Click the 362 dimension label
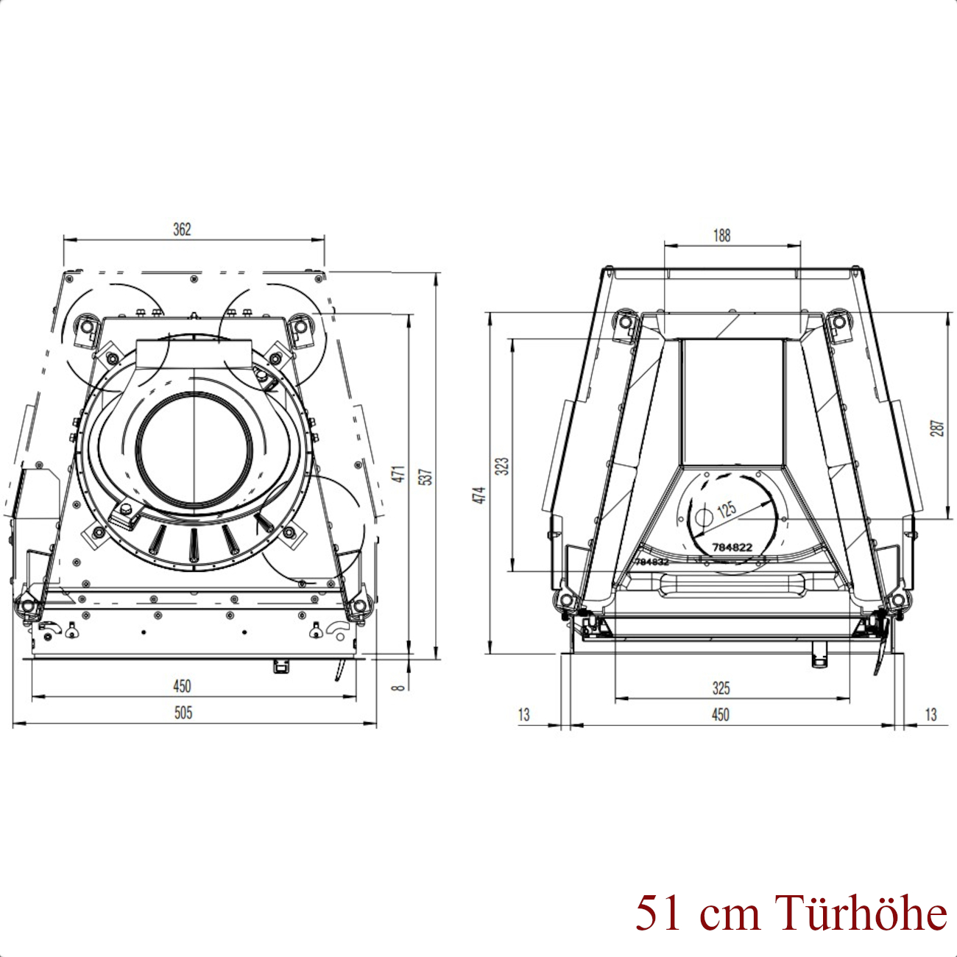pyautogui.click(x=182, y=230)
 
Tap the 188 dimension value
pyautogui.click(x=721, y=236)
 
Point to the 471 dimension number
pyautogui.click(x=399, y=473)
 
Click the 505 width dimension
pyautogui.click(x=183, y=713)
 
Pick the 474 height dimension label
pyautogui.click(x=479, y=495)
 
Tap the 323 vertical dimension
pyautogui.click(x=503, y=466)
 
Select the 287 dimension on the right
pyautogui.click(x=937, y=428)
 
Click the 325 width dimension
pyautogui.click(x=721, y=688)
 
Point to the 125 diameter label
pyautogui.click(x=726, y=509)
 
